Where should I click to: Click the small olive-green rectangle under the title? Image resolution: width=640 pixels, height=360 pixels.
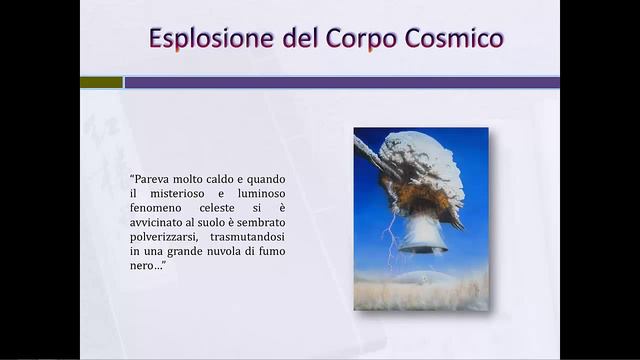[101, 82]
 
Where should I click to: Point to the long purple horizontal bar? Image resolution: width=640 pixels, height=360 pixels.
[340, 82]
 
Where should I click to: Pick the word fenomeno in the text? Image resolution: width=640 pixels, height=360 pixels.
[157, 207]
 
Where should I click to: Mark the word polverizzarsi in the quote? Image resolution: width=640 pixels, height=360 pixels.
[164, 237]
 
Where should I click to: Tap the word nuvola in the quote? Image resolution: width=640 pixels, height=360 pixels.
[220, 252]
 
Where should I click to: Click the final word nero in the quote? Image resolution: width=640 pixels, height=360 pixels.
[145, 267]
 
